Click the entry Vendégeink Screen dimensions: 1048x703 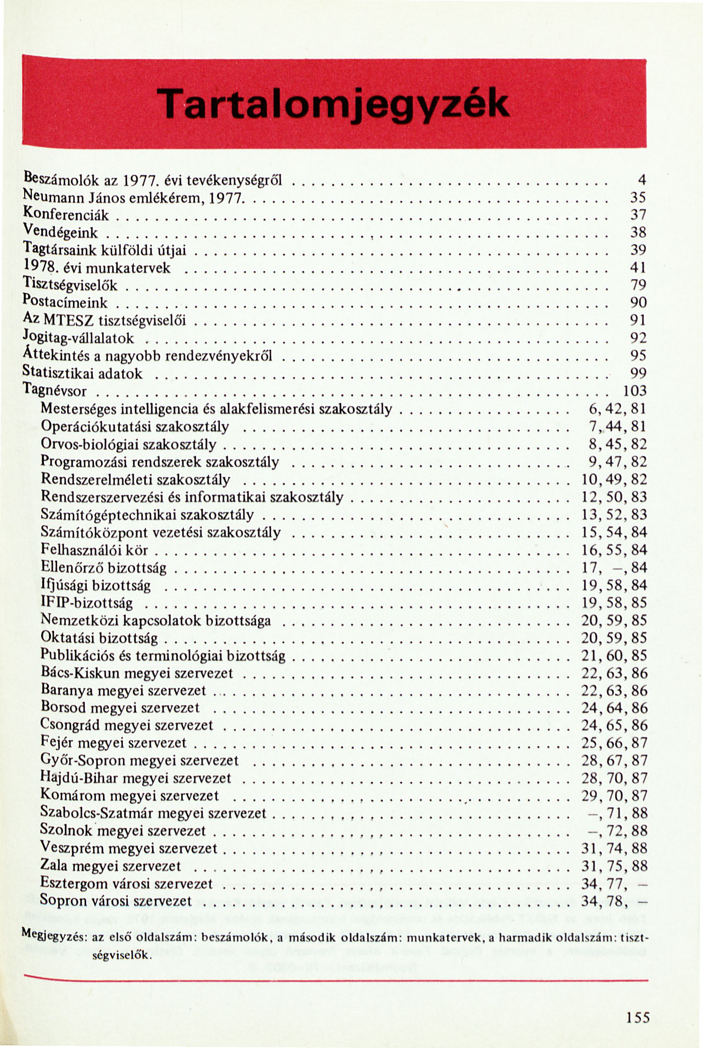(x=60, y=233)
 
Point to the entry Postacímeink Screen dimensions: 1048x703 (x=65, y=302)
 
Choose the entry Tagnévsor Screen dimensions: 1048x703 (x=54, y=391)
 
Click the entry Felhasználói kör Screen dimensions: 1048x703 (x=94, y=549)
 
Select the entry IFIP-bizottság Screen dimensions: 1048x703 (x=87, y=603)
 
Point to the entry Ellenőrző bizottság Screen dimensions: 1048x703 (x=104, y=568)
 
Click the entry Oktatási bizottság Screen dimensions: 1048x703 (x=99, y=638)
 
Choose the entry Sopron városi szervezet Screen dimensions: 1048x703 (x=116, y=901)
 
